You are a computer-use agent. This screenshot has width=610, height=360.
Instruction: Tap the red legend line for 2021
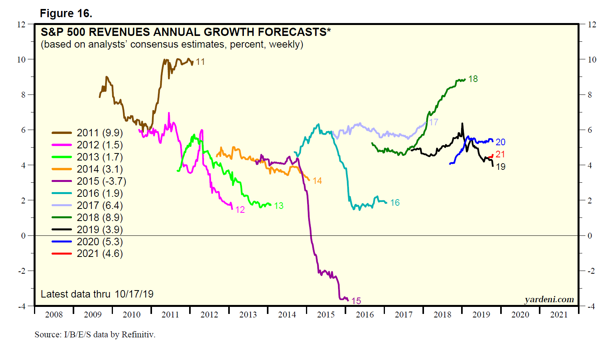click(62, 254)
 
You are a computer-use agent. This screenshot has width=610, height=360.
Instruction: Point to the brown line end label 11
click(200, 62)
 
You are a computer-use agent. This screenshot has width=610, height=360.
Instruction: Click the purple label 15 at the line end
click(356, 301)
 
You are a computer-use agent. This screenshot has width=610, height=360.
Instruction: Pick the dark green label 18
click(473, 79)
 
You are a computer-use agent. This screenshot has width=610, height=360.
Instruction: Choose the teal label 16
click(395, 203)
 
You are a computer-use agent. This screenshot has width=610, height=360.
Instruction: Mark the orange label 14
click(317, 181)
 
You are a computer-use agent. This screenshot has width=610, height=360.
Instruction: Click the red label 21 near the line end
click(500, 154)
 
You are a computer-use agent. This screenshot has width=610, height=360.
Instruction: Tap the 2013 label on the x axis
click(248, 315)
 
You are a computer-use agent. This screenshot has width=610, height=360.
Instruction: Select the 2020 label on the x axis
click(520, 315)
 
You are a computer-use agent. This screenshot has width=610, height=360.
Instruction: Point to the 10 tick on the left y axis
click(21, 59)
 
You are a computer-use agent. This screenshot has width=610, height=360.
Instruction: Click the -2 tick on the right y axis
click(592, 271)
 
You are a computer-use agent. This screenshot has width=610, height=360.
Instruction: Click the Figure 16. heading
click(66, 14)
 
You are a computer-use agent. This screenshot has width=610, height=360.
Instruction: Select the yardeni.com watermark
click(549, 299)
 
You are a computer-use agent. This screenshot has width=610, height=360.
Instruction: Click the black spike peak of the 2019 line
click(462, 124)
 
